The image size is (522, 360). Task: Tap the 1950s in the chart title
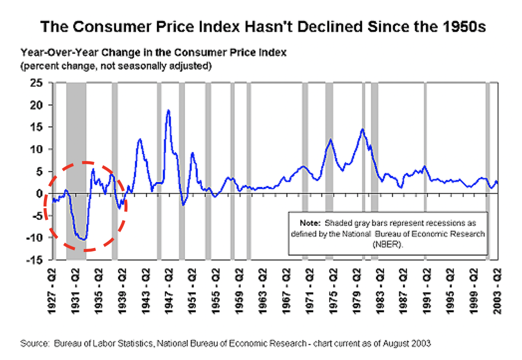point(460,26)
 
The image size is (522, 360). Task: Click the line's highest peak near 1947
point(168,110)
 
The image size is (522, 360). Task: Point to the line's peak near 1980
point(362,129)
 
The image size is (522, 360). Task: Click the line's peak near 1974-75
point(330,139)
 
